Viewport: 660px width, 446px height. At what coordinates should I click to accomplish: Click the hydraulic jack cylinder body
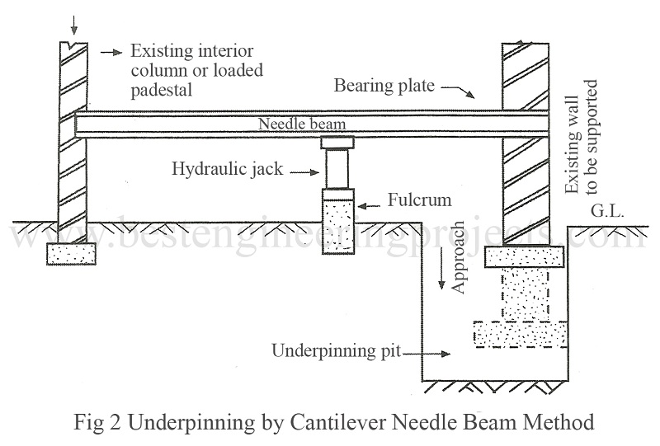337,169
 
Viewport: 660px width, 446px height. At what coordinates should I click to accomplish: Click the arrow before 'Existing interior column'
108,52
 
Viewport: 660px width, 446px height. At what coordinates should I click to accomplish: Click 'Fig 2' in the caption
90,422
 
